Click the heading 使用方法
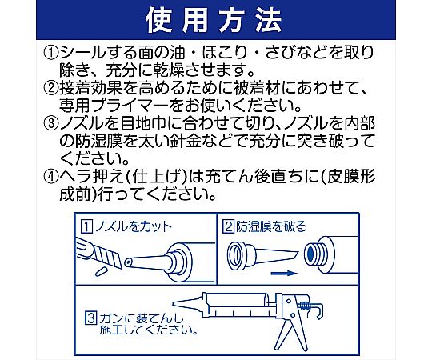tap(214, 20)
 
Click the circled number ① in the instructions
tap(50, 52)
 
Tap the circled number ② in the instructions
tap(50, 88)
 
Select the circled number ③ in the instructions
tap(50, 124)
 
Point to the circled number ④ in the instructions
tap(50, 177)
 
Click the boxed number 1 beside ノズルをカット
tap(86, 227)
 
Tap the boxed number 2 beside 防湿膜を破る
tap(229, 226)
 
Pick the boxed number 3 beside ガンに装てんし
tap(91, 318)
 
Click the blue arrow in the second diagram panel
tap(284, 274)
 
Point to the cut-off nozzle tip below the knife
tap(100, 271)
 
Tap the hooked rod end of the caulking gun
tap(318, 310)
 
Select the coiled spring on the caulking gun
tap(305, 306)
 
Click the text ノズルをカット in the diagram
tap(133, 227)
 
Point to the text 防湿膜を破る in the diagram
tap(271, 226)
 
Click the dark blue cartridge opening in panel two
tap(310, 253)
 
